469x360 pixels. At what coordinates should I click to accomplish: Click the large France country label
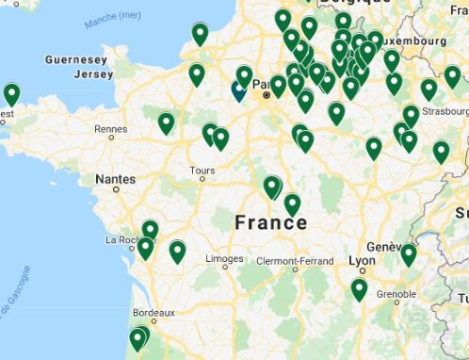pos(270,222)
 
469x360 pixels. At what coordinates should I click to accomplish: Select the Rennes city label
pos(110,128)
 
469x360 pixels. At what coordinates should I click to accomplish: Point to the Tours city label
pos(202,171)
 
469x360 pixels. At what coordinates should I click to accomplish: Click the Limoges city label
pos(225,258)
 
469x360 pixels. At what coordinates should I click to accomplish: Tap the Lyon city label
pos(361,260)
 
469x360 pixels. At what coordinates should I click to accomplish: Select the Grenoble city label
pos(396,294)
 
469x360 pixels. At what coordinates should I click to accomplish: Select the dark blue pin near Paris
pos(238,89)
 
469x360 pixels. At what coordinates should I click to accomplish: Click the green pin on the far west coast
pos(11,93)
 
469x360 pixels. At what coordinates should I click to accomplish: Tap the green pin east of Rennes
pos(167,123)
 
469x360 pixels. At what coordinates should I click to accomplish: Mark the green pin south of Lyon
pos(359,288)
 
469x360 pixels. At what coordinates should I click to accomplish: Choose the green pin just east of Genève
pos(409,254)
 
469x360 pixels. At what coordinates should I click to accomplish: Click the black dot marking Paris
pos(267,95)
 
